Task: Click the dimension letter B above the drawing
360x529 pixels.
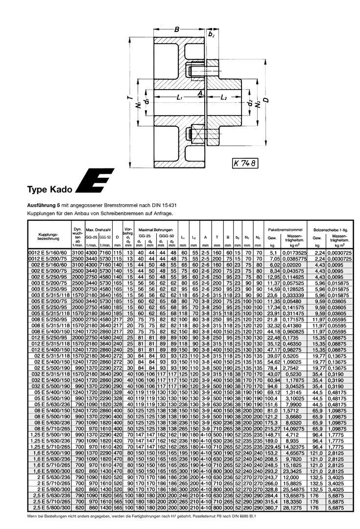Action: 176,29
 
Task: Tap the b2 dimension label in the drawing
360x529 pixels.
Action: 212,34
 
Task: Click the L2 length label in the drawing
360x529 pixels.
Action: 223,98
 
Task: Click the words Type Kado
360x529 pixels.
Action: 50,189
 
